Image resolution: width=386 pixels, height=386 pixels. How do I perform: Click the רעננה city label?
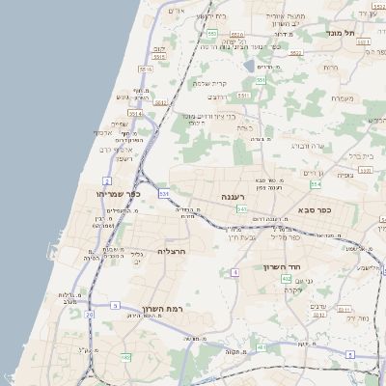233,196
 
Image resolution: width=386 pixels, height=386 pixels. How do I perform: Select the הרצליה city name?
170,251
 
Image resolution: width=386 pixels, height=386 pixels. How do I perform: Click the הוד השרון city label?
283,267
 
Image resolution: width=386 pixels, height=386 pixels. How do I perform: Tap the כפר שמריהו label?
119,194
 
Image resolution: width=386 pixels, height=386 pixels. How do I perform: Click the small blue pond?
250,66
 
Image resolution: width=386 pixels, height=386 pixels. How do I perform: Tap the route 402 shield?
287,279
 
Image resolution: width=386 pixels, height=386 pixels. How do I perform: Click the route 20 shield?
90,314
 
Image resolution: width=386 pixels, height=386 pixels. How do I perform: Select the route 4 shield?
234,272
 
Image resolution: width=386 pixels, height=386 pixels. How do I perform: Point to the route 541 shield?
241,208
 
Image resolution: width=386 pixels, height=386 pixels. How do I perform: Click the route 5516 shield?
146,70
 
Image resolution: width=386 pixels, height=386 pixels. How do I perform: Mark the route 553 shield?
210,33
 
